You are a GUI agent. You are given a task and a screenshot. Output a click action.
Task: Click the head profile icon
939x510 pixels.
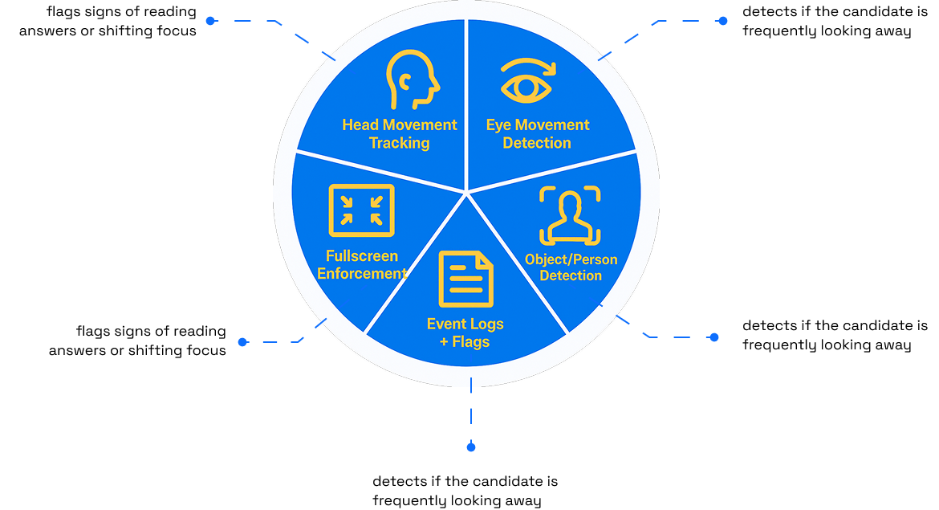pos(413,80)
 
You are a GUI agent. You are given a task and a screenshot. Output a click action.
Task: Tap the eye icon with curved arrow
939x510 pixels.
pos(526,80)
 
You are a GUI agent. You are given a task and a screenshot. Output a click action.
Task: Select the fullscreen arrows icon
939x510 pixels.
pos(361,210)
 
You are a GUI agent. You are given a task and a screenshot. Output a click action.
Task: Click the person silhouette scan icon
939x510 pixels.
pos(570,215)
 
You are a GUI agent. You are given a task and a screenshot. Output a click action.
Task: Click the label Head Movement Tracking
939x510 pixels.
pos(400,134)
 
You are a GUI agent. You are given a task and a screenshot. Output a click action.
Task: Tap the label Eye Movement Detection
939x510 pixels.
pos(537,134)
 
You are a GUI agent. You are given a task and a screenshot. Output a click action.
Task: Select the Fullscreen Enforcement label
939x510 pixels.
pos(362,265)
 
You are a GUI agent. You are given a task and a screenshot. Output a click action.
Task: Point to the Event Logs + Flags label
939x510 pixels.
pos(465,333)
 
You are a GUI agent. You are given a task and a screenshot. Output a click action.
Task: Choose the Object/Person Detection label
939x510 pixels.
pos(571,267)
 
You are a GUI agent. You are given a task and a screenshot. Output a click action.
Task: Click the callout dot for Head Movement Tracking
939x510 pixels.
pos(210,21)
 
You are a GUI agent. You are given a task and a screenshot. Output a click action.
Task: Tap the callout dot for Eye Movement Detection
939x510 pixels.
pos(722,21)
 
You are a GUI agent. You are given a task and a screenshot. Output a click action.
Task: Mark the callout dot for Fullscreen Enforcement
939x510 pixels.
pos(242,342)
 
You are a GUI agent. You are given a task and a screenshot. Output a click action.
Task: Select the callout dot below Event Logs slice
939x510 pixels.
pos(471,447)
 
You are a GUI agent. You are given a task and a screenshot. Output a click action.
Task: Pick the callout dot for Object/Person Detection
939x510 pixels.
pos(714,337)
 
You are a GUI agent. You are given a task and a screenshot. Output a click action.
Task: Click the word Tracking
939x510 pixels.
pos(400,144)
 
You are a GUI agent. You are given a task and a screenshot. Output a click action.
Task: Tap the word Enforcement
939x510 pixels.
pos(362,274)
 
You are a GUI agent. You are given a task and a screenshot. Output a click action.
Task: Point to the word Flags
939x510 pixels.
pos(471,342)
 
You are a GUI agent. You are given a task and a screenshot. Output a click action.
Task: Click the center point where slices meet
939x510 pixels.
pos(466,191)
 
